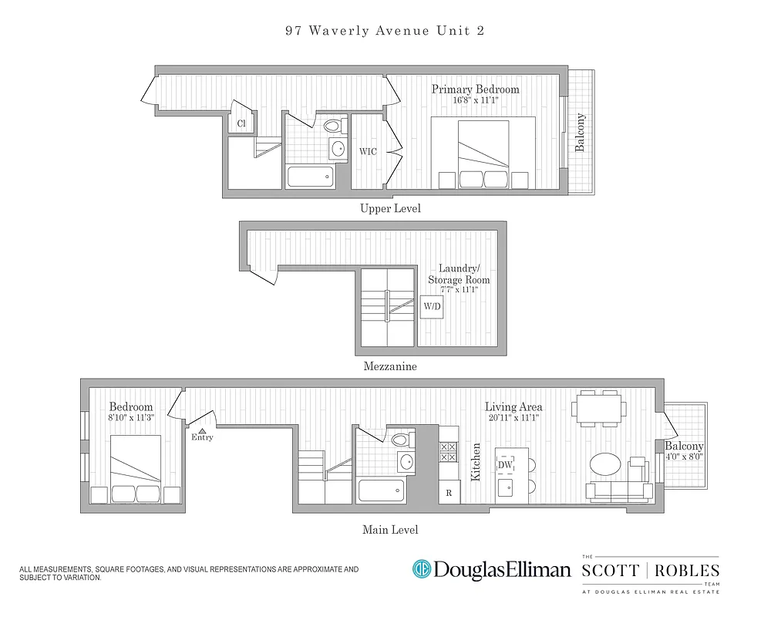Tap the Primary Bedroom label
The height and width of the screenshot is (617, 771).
(475, 89)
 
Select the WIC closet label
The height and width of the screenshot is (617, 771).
(368, 151)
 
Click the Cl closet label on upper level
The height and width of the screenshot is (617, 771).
(241, 123)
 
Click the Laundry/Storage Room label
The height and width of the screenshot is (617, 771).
(458, 275)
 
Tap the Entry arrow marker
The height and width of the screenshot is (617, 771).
(202, 432)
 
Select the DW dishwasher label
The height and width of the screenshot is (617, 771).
(505, 465)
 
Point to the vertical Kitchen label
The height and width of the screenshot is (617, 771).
(476, 462)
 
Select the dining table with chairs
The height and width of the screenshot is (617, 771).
(598, 407)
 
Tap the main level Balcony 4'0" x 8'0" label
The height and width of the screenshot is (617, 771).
(684, 451)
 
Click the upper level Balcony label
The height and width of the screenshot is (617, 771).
(581, 133)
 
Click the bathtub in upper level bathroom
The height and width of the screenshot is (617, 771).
(310, 177)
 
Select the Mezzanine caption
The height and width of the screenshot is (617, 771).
(390, 367)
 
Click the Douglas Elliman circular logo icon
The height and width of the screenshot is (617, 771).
(422, 570)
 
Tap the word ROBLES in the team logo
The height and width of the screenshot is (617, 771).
(690, 571)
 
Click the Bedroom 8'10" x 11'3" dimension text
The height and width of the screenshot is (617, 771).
(130, 418)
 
